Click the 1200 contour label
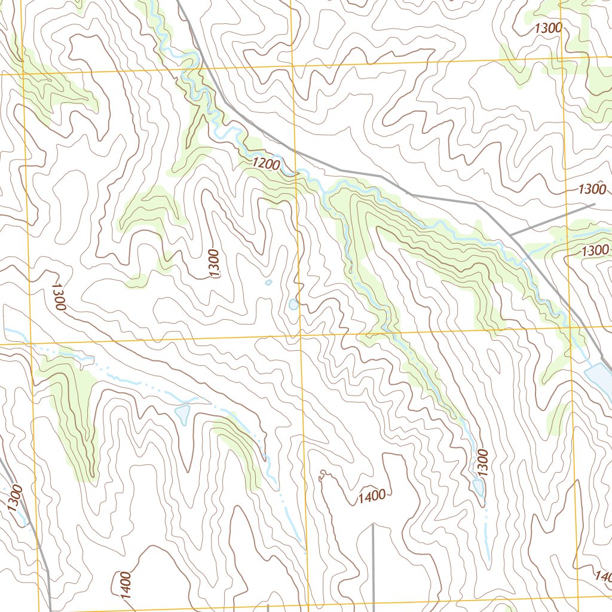265,163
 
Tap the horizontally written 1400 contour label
372,496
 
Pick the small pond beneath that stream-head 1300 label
479,487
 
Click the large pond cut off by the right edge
599,375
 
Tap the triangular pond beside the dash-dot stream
183,413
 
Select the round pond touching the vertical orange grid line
293,304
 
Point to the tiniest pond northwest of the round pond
268,282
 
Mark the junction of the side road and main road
512,234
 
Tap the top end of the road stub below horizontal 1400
373,525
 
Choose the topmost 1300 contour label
548,27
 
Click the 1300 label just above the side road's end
592,189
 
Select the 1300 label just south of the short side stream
595,250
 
